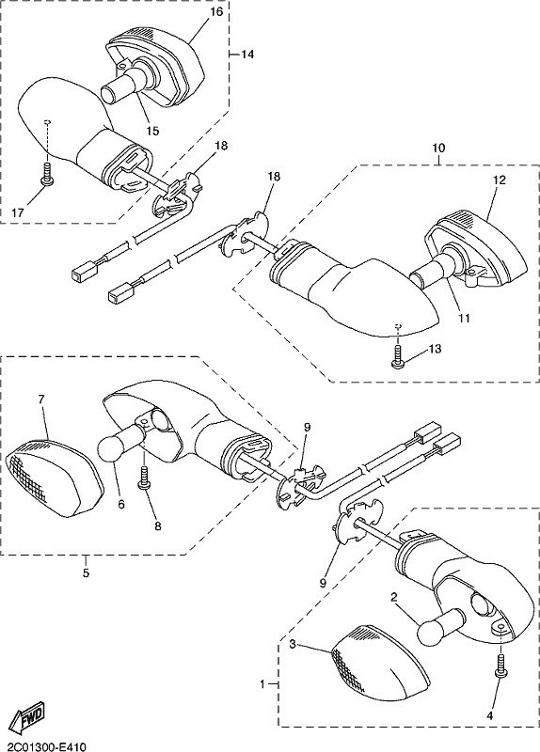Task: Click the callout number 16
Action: click(x=217, y=11)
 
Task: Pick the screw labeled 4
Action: click(x=500, y=666)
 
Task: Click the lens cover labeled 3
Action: click(x=379, y=662)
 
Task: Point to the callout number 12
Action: click(x=499, y=180)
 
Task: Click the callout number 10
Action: click(x=438, y=148)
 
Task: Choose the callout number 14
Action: click(x=246, y=55)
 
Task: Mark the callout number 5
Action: click(x=86, y=572)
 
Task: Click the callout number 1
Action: click(x=262, y=684)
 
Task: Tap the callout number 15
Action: click(x=152, y=131)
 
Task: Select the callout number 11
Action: click(x=464, y=318)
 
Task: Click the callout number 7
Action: click(x=41, y=399)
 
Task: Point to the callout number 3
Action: click(x=293, y=644)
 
